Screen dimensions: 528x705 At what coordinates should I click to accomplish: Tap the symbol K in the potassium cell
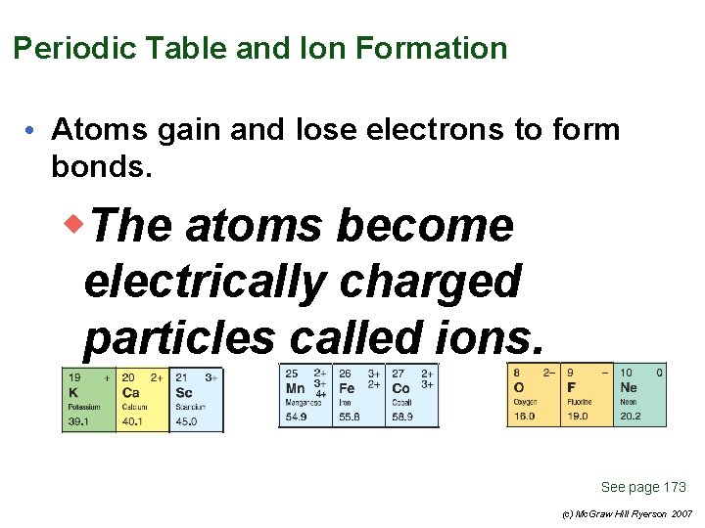coord(72,393)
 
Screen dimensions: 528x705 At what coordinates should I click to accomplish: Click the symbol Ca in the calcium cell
coord(130,393)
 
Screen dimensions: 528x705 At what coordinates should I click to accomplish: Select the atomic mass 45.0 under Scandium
coord(185,421)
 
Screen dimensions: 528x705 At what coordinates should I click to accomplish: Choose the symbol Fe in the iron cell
coord(348,388)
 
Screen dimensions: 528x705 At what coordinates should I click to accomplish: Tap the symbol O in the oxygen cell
coord(519,388)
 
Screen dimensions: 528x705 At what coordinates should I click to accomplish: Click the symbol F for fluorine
coord(572,388)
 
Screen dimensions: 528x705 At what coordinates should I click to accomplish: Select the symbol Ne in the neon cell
coord(629,388)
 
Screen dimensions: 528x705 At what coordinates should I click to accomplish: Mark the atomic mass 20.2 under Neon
coord(629,416)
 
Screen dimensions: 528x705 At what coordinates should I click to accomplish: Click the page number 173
coord(675,487)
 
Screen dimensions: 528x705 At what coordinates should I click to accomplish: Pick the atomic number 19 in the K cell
coord(74,376)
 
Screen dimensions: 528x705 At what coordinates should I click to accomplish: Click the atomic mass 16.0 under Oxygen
coord(524,416)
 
